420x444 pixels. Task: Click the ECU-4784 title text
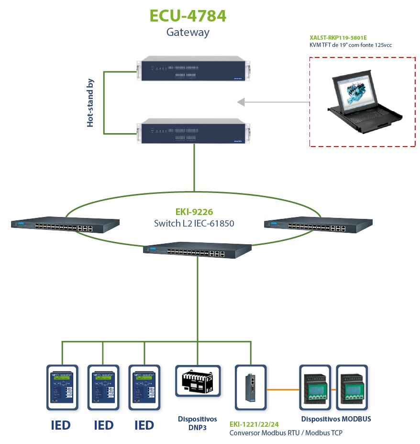point(188,16)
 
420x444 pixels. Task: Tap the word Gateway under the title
point(188,33)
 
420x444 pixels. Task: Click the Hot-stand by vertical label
point(90,102)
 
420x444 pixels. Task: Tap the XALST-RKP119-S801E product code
point(338,37)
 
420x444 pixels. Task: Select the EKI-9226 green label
point(194,212)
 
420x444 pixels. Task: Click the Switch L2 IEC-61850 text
point(194,223)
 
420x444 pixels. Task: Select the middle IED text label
point(103,425)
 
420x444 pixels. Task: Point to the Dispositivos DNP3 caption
point(197,423)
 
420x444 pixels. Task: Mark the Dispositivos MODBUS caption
point(336,419)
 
